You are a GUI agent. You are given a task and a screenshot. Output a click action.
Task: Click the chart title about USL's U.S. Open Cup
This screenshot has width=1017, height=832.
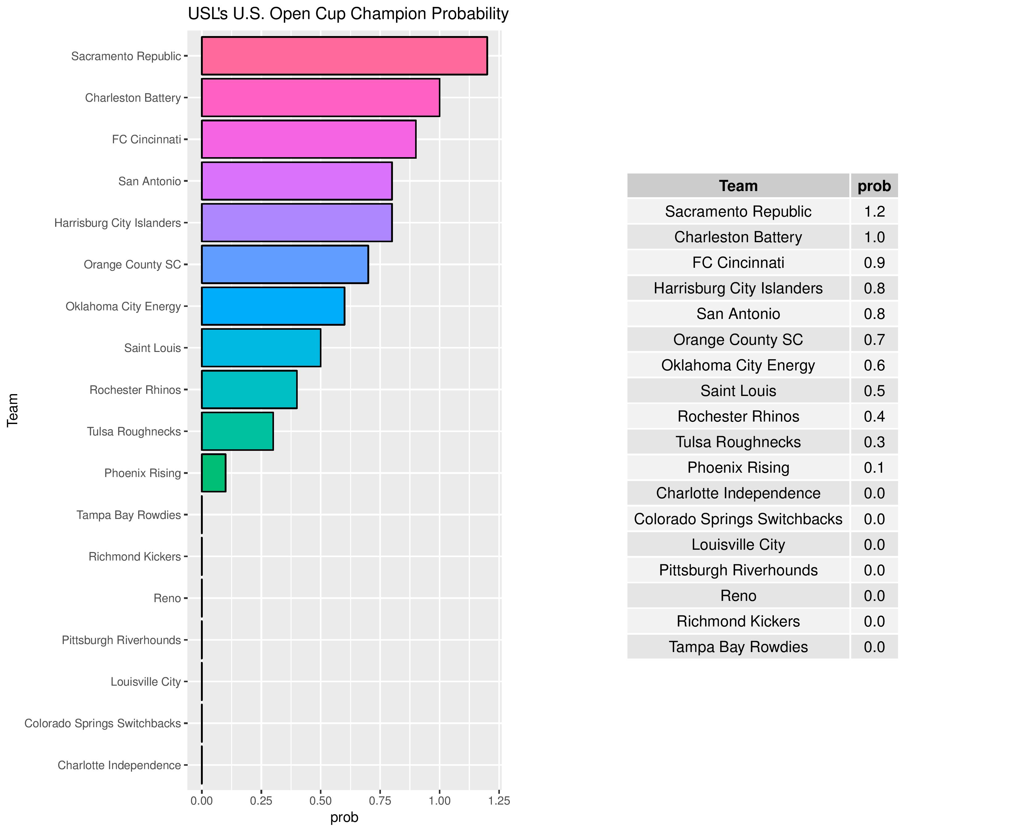[348, 14]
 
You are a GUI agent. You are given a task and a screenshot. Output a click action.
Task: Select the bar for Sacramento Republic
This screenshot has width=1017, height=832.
[344, 55]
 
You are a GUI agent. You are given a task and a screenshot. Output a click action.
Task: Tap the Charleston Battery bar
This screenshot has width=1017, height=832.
[320, 97]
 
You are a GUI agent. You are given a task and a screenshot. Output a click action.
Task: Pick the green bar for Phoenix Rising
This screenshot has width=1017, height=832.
[213, 473]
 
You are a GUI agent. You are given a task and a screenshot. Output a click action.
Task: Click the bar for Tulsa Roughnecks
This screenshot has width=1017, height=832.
[237, 431]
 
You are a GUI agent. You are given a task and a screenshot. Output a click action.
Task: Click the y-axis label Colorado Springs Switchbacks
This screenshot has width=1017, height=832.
[103, 723]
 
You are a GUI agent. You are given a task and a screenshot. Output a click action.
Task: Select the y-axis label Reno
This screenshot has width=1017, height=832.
[167, 598]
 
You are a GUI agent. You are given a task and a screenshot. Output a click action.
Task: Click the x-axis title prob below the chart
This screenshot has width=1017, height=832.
[344, 818]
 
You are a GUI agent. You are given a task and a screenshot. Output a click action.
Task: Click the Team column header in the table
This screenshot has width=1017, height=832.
[738, 186]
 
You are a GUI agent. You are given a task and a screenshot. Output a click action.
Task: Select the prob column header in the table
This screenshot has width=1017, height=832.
[874, 186]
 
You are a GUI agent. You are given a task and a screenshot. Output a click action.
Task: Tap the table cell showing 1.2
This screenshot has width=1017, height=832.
[874, 211]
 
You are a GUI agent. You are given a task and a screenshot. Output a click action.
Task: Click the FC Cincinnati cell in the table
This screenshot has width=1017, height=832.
[738, 263]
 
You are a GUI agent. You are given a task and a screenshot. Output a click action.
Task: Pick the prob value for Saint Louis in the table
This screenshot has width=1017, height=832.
[874, 391]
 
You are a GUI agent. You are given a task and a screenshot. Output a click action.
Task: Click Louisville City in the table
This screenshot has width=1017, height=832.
[738, 544]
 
